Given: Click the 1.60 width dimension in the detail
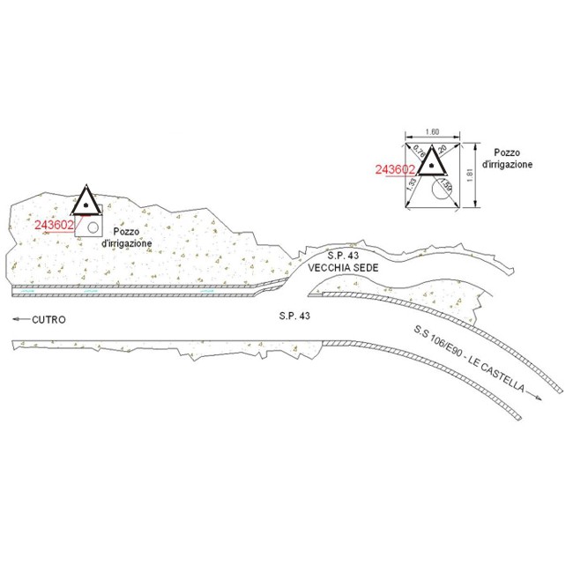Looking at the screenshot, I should pos(432,132).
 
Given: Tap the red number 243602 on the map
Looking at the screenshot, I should pos(54,224).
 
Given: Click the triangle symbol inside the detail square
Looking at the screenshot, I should pos(431,162).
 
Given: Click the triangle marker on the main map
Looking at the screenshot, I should pos(86,202).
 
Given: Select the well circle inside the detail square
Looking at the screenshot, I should pos(440,188).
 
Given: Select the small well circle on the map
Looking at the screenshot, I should pos(92,227).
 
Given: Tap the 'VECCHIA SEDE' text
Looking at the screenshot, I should pos(336,266).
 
